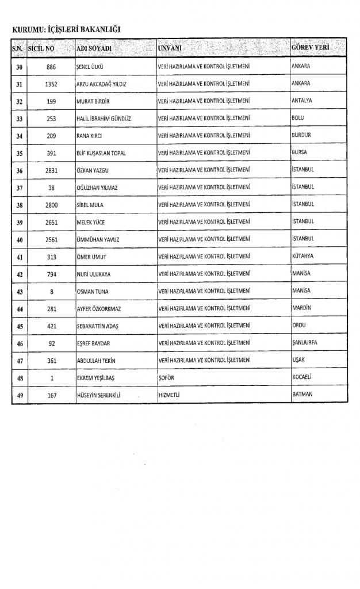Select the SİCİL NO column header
click(41, 48)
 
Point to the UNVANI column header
click(170, 48)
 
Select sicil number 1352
click(51, 83)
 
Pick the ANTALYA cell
click(302, 101)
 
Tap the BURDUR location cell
click(301, 135)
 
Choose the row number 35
click(19, 153)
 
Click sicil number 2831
click(51, 170)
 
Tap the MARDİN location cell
click(301, 308)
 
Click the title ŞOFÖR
click(166, 378)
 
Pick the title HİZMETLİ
click(170, 395)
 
